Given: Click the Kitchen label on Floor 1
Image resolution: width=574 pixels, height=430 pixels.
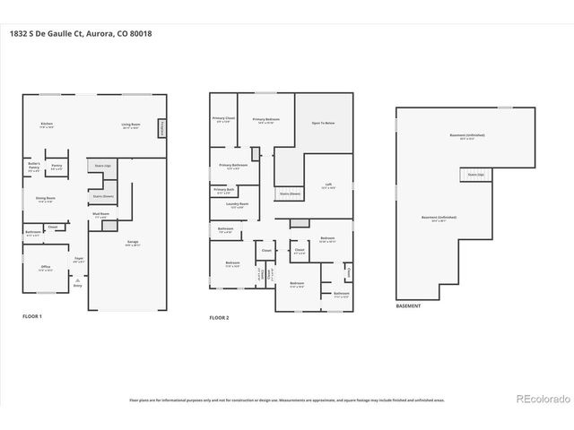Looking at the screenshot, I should [47, 125].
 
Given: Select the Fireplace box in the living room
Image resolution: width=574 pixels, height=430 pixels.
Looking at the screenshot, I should [162, 129].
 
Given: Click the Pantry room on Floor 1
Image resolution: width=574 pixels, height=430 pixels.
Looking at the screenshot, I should [57, 167].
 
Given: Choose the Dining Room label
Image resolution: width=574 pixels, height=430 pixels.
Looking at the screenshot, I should [46, 200].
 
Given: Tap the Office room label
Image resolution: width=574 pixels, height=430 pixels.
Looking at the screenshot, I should [45, 268].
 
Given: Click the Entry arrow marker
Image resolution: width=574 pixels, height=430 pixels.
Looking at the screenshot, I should [76, 285].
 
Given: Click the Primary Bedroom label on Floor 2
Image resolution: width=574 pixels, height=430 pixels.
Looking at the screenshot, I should [265, 120].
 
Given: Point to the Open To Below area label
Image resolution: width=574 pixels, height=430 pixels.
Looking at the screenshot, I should [323, 123].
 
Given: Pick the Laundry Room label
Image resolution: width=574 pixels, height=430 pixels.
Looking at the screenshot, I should [238, 205].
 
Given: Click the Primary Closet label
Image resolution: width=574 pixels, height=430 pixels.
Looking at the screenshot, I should [223, 120].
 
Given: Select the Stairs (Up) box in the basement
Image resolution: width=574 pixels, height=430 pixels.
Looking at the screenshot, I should [474, 175].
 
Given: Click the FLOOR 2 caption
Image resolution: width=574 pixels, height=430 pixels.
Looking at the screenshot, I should [220, 318].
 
